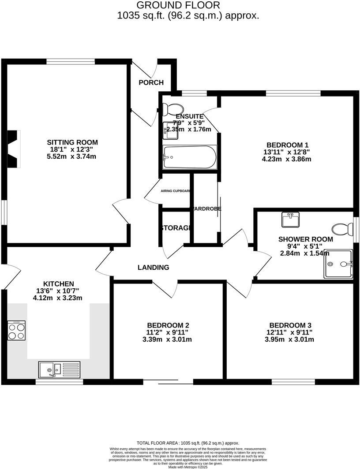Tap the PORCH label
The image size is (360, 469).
[x=151, y=82]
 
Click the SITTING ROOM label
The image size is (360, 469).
[x=72, y=142]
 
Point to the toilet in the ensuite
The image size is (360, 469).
[x=172, y=108]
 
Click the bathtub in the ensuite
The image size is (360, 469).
[x=190, y=157]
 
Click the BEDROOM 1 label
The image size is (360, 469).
[x=287, y=145]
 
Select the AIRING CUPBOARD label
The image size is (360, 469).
[x=176, y=191]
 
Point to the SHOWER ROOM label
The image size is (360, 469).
[x=305, y=239]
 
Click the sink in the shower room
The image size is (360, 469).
[x=291, y=219]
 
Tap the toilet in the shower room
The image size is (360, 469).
[x=343, y=229]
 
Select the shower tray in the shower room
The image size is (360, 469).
[x=338, y=264]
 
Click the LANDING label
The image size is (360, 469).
[x=153, y=267]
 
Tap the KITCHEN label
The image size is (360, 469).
[x=58, y=283]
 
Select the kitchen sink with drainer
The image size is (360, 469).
[x=59, y=369]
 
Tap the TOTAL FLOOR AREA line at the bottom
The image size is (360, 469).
[x=188, y=443]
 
